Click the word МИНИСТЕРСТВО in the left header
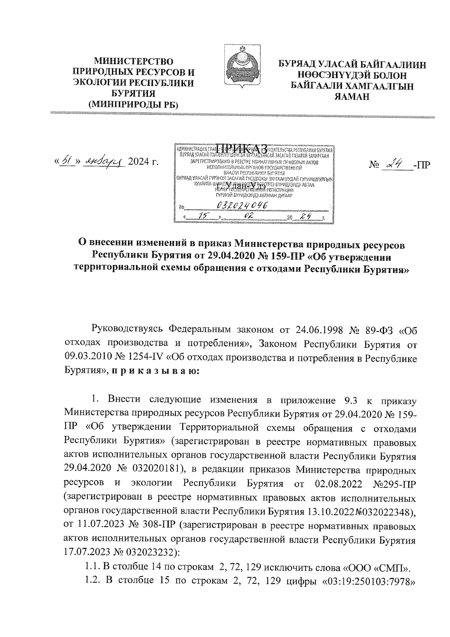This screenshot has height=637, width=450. [133, 61]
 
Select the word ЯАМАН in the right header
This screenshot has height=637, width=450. [352, 97]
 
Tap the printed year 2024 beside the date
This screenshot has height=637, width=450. [138, 162]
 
